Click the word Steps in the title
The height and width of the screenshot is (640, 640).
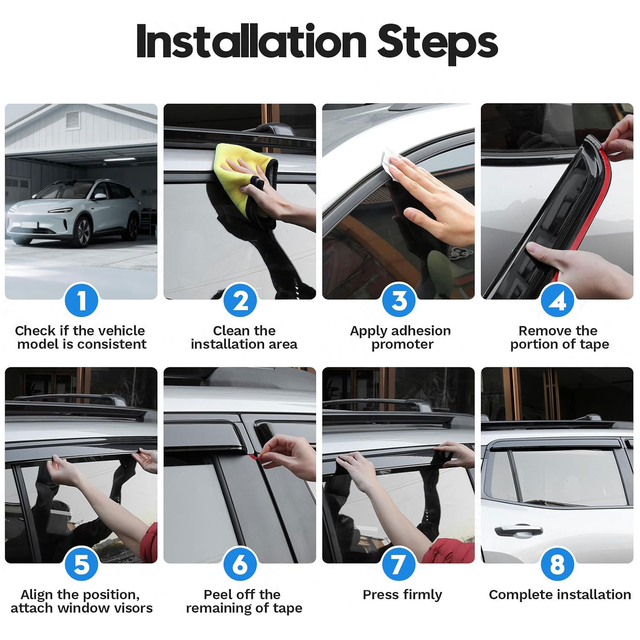click(x=438, y=43)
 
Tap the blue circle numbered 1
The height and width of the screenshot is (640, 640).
click(x=81, y=300)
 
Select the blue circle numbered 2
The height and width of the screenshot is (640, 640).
click(x=240, y=300)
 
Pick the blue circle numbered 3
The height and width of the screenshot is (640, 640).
click(x=399, y=300)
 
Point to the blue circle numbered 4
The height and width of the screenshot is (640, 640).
click(x=558, y=300)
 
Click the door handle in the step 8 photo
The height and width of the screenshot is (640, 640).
click(x=518, y=532)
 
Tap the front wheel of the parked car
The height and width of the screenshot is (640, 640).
click(x=82, y=232)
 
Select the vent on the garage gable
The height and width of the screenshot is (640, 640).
click(x=73, y=120)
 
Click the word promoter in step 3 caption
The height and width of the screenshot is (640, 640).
click(x=402, y=345)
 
